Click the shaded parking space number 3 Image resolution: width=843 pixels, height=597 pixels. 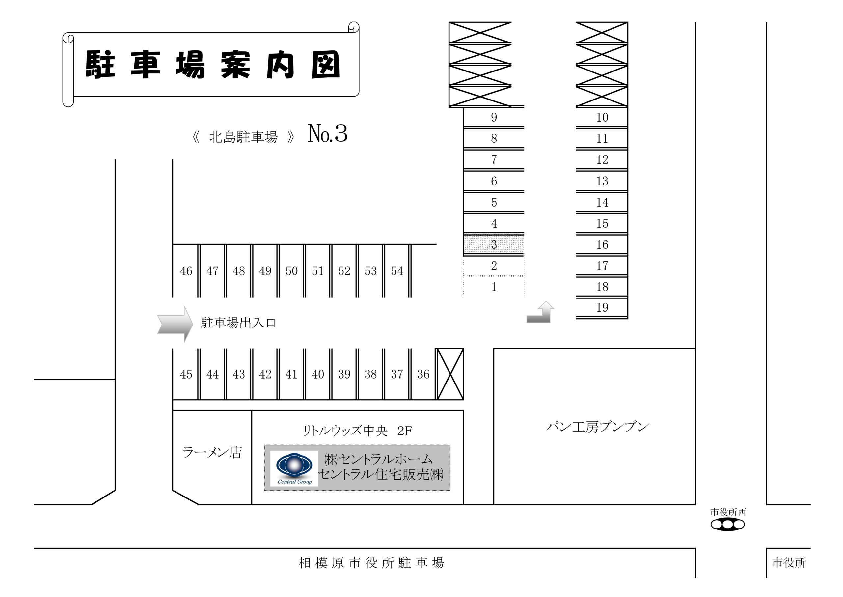(494, 244)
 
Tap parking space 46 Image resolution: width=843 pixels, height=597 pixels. (186, 270)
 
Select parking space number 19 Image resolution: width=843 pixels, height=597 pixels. (602, 307)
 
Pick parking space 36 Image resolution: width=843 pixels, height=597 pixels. (423, 374)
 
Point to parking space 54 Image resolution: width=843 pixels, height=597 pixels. (397, 270)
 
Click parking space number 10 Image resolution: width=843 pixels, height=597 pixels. (602, 117)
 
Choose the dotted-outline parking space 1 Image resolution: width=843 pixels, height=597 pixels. (494, 286)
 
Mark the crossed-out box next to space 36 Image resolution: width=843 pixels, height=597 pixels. (450, 374)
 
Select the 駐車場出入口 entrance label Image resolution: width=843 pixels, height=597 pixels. (238, 323)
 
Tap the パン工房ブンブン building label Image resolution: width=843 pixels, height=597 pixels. (597, 426)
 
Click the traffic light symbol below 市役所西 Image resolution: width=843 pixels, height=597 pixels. (728, 525)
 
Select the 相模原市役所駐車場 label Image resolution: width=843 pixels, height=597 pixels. (371, 563)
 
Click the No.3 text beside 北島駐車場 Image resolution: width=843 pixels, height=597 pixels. (327, 133)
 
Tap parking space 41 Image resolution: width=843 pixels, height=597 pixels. (291, 374)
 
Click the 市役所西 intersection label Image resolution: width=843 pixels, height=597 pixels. (728, 512)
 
